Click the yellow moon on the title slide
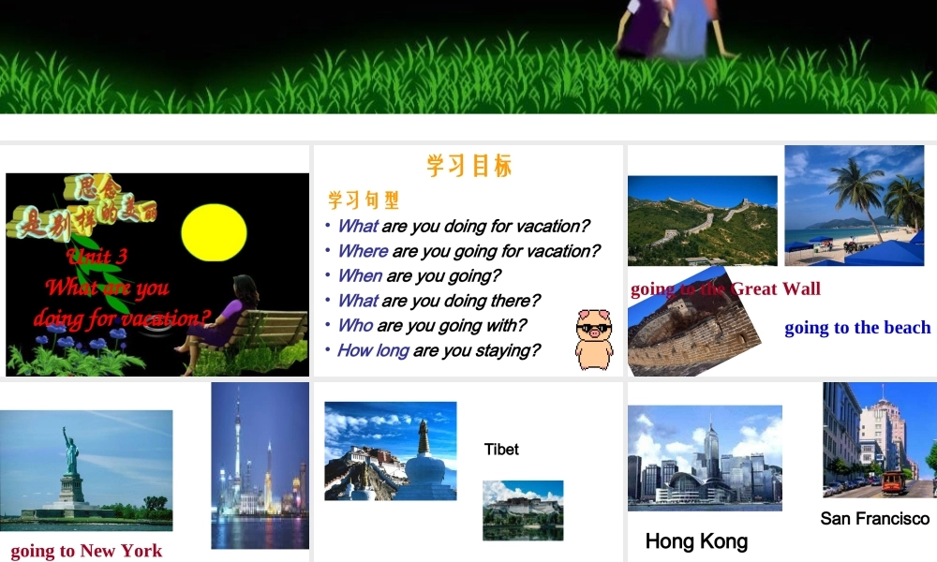[x=213, y=232]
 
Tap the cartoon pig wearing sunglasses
[x=593, y=337]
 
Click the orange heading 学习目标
[x=469, y=167]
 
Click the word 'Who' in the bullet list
[x=355, y=325]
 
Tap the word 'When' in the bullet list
[x=359, y=275]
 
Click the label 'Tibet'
[x=501, y=450]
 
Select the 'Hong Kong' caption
[x=696, y=541]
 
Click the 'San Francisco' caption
[x=874, y=519]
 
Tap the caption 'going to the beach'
[x=857, y=328]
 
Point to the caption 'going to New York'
[x=86, y=551]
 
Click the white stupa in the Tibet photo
[x=424, y=459]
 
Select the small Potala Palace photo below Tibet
[x=523, y=510]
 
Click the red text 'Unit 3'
[x=97, y=257]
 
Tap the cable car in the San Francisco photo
[x=893, y=482]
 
